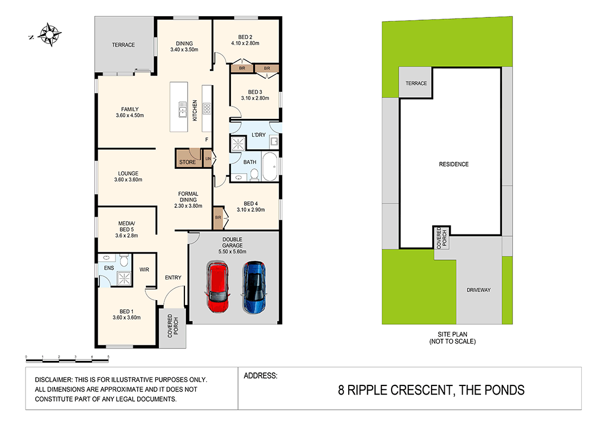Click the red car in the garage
pos(217,287)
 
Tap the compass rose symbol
pos(49,35)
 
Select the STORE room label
pos(188,162)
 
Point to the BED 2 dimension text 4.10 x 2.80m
pos(245,43)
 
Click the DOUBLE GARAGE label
pos(233,242)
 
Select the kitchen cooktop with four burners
pos(207,109)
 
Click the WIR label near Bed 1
pos(144,269)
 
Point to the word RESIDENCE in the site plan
pos(453,164)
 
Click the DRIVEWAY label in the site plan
pos(478,290)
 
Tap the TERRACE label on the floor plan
pos(123,45)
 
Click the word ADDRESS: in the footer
pos(261,375)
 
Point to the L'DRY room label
pos(258,135)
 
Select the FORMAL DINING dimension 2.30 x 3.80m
pos(188,206)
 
